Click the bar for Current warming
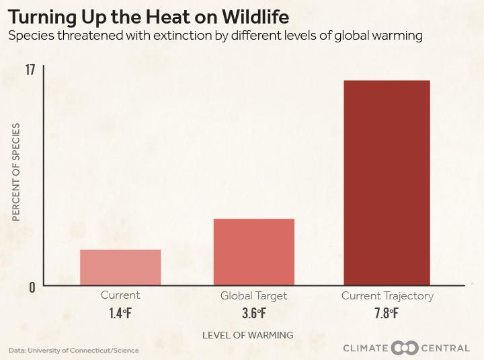(120, 267)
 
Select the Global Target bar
(253, 252)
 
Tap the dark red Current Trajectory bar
(387, 182)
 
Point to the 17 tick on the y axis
(30, 70)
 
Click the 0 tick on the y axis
(31, 287)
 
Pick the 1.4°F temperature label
(120, 313)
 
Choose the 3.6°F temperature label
(253, 313)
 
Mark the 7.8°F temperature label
(387, 313)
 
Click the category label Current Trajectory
(387, 296)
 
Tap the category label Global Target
(253, 296)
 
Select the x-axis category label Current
(120, 295)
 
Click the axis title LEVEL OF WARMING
(248, 334)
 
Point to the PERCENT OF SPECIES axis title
(16, 172)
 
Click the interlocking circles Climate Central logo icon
(405, 348)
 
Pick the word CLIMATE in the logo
(366, 348)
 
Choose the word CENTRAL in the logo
(446, 348)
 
